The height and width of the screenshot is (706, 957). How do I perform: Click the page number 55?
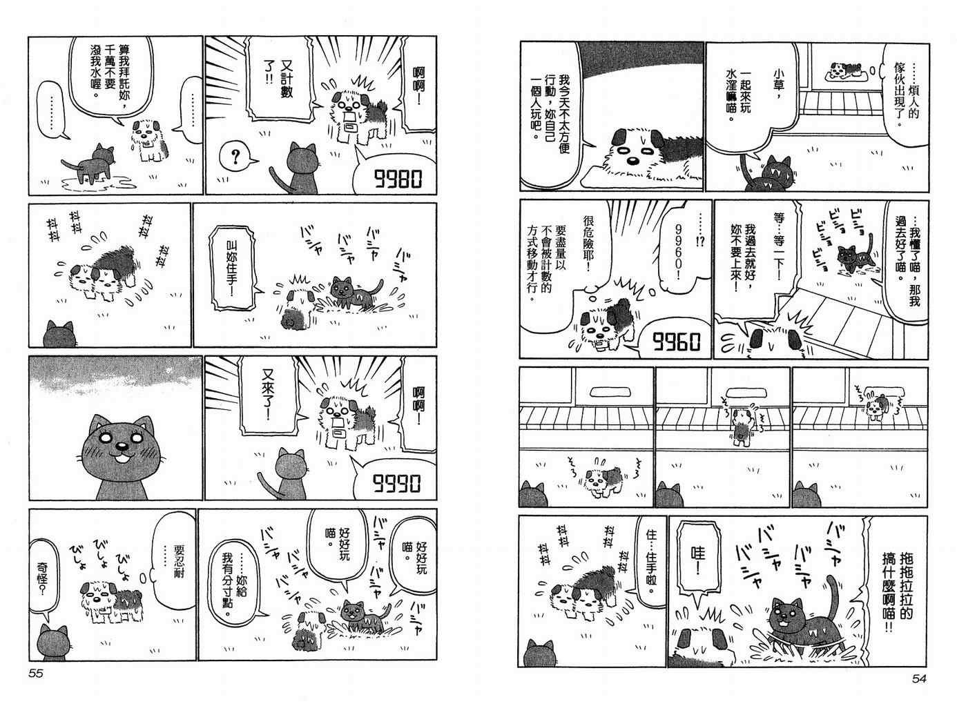(x=36, y=674)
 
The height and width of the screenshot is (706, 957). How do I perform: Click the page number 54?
(x=919, y=679)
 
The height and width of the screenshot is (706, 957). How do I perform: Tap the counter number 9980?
(x=398, y=179)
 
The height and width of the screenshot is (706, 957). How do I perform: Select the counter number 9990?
(x=396, y=483)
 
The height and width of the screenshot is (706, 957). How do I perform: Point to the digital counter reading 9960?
(x=676, y=342)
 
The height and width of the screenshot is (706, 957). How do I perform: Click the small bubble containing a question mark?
(x=236, y=157)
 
